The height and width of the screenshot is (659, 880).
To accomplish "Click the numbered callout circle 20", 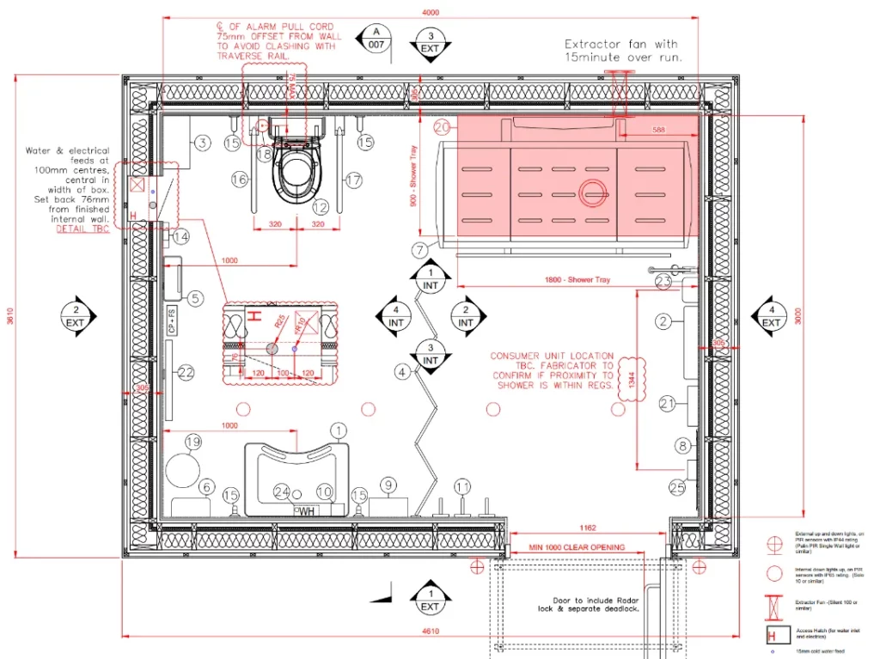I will pyautogui.click(x=443, y=127).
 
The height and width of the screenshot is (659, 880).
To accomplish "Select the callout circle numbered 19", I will pyautogui.click(x=193, y=442).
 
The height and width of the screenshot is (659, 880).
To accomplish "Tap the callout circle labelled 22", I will pyautogui.click(x=186, y=372).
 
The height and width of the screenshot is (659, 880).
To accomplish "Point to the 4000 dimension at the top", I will pyautogui.click(x=431, y=12).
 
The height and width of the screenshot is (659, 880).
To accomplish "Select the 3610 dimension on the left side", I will pyautogui.click(x=10, y=316).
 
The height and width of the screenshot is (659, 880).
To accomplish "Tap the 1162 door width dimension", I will pyautogui.click(x=588, y=527).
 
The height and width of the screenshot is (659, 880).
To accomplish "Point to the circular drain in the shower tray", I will pyautogui.click(x=592, y=194).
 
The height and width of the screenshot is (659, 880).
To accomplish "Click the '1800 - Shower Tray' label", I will pyautogui.click(x=577, y=280).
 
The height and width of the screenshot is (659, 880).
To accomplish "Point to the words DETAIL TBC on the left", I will pyautogui.click(x=82, y=229).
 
